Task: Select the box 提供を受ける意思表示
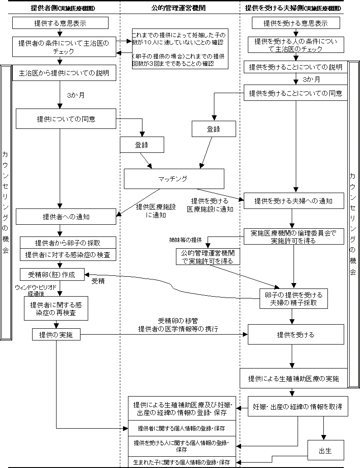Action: point(295,23)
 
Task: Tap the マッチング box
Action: point(174,179)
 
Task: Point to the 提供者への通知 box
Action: point(66,217)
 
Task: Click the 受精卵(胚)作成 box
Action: point(52,274)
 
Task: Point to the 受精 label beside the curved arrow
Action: point(98,281)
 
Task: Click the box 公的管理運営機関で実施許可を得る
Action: point(208,256)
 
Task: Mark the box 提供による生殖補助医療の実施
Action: point(293,378)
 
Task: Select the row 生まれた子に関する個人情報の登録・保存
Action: point(182,463)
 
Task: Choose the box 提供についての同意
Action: point(66,119)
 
